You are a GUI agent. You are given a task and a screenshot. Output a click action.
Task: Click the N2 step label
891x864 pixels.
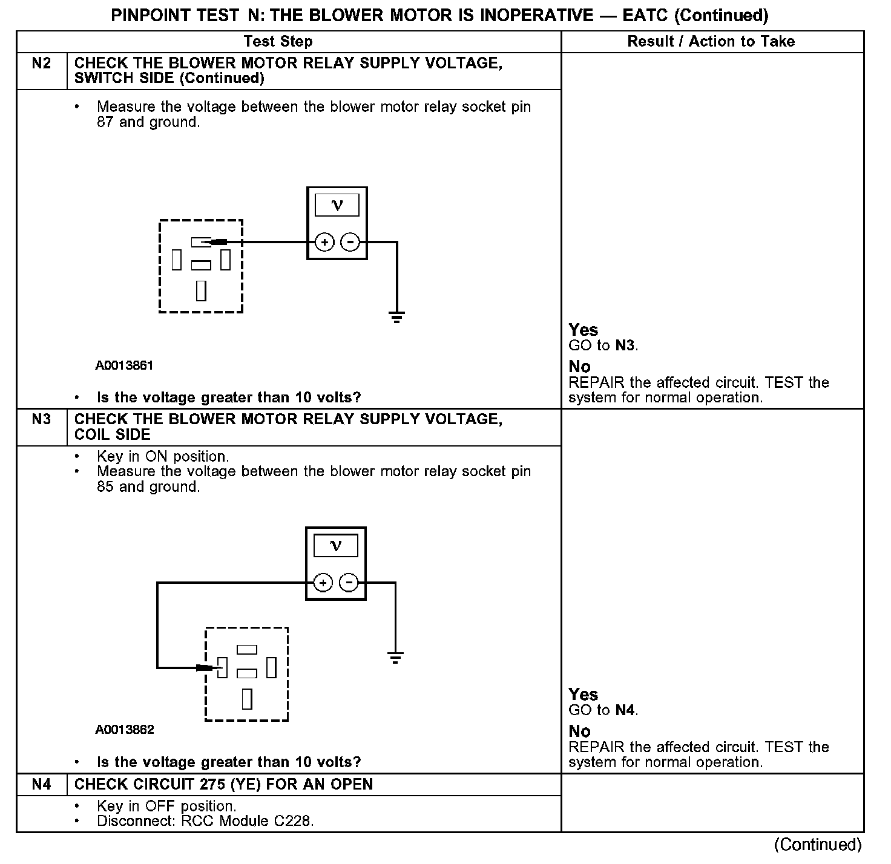41,63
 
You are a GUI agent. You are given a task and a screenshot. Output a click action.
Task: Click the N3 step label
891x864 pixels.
41,419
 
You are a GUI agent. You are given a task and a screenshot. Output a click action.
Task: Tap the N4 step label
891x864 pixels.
41,784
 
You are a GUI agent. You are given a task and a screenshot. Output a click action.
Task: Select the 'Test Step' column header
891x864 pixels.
278,41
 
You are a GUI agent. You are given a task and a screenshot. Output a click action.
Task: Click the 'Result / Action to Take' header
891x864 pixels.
711,41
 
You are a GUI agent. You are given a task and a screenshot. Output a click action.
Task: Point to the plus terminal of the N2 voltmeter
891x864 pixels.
324,243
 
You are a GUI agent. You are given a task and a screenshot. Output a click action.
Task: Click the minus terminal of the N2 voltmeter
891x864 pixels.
350,243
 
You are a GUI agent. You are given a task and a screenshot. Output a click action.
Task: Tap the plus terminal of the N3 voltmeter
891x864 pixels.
323,583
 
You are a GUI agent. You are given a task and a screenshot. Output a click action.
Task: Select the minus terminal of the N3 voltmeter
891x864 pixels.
349,583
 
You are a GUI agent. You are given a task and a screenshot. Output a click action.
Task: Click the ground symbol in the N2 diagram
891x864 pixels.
396,316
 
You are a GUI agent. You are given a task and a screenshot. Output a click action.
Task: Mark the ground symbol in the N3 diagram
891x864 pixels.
395,657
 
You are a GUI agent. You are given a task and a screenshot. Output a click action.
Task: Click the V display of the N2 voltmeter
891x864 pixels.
337,205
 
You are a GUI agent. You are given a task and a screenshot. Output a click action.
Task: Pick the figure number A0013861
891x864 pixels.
124,365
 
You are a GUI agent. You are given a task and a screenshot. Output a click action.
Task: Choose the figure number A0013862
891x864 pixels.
124,730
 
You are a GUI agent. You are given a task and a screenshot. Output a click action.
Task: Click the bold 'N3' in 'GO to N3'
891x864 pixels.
625,345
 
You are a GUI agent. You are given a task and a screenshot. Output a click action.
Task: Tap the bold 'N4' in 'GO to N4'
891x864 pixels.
625,710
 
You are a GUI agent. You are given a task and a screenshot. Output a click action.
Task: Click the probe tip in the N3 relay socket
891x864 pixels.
206,668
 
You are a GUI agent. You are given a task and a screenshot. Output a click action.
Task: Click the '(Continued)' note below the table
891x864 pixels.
817,844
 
